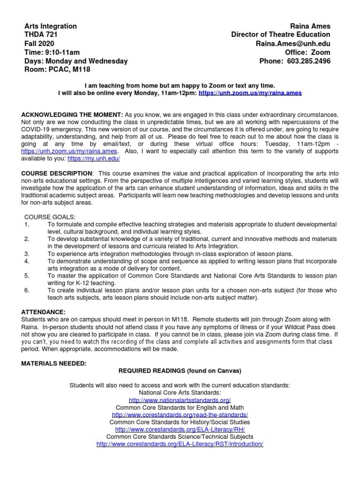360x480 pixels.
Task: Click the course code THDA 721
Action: (41, 35)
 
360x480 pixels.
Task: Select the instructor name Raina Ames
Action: (310, 26)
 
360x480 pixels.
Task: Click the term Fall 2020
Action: (39, 44)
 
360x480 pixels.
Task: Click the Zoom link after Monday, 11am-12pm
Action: (250, 93)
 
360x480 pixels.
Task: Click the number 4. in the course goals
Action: (27, 261)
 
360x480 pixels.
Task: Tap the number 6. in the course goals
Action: (27, 290)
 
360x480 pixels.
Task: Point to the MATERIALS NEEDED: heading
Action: (54, 363)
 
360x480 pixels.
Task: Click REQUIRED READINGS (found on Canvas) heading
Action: (180, 371)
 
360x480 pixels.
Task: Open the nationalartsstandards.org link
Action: (180, 400)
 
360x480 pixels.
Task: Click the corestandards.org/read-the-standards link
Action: (180, 415)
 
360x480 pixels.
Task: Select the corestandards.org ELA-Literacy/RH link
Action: (180, 429)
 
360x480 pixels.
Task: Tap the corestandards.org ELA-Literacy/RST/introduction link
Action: (180, 444)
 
